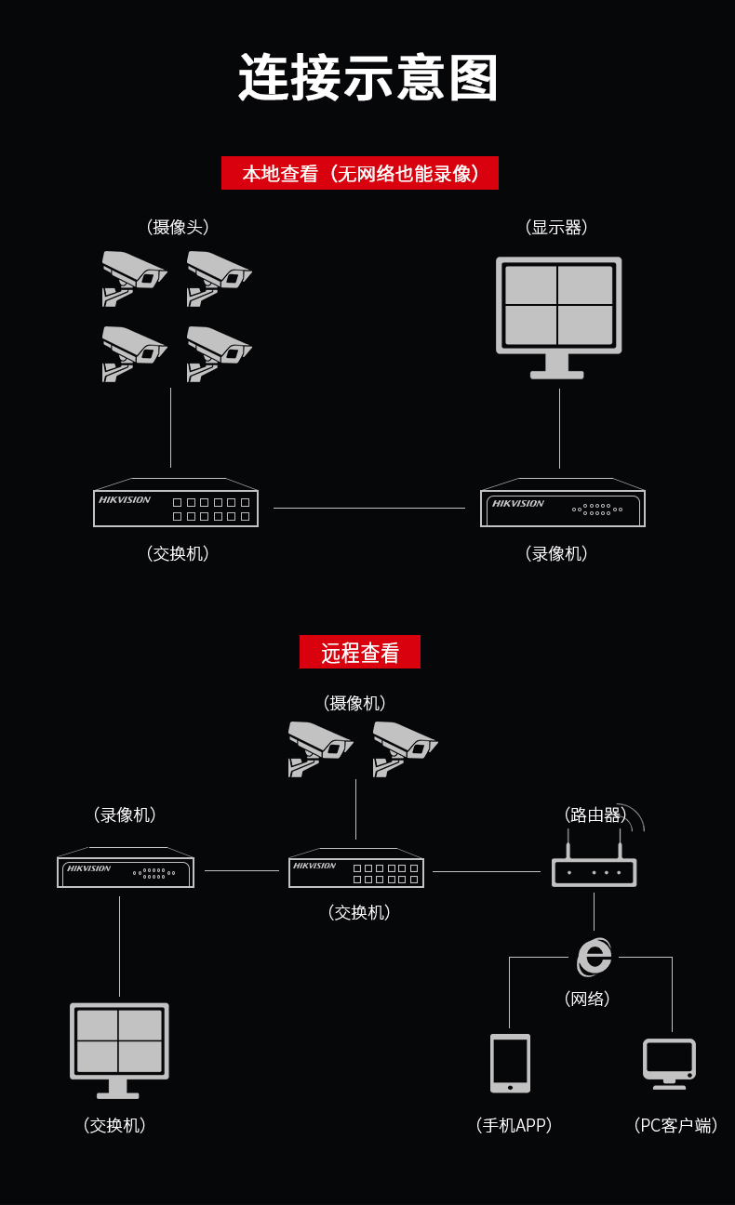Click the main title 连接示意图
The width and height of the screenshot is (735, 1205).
click(x=367, y=77)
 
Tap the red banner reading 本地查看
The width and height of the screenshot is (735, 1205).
click(x=360, y=173)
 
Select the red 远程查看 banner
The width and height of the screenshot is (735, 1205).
click(x=360, y=652)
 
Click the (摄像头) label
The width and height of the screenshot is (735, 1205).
click(x=177, y=227)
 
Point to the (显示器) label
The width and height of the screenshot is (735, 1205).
click(x=556, y=227)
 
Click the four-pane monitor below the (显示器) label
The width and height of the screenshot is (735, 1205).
click(x=559, y=317)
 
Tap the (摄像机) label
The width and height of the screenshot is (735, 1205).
click(x=354, y=703)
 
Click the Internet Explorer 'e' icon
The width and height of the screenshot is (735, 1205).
click(x=594, y=957)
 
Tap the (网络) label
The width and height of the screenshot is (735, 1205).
click(x=587, y=999)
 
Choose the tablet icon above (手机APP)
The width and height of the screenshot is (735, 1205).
click(x=510, y=1063)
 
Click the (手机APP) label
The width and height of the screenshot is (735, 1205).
click(x=514, y=1125)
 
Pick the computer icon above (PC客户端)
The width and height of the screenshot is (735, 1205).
click(x=669, y=1064)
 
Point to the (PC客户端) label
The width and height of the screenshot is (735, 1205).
click(x=675, y=1125)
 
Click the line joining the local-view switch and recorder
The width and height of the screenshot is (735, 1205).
click(x=368, y=508)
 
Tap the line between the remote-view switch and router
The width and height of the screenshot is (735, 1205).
click(x=487, y=871)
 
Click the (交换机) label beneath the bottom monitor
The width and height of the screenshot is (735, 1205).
click(x=114, y=1125)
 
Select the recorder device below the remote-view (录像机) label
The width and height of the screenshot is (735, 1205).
click(x=126, y=867)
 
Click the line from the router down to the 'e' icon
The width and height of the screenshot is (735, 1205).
click(x=594, y=912)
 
